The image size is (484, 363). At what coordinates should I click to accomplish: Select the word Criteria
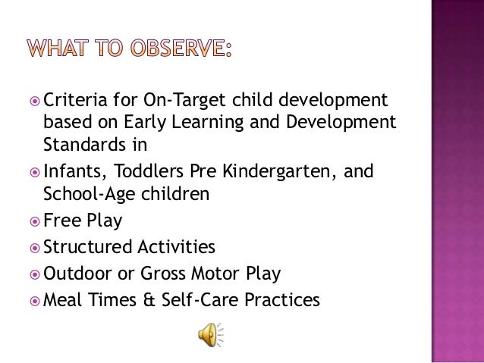(x=75, y=99)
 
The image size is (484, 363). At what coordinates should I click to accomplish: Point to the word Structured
(x=85, y=247)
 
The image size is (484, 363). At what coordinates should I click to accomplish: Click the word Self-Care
(x=202, y=300)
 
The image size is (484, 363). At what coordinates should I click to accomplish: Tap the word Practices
(x=283, y=300)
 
